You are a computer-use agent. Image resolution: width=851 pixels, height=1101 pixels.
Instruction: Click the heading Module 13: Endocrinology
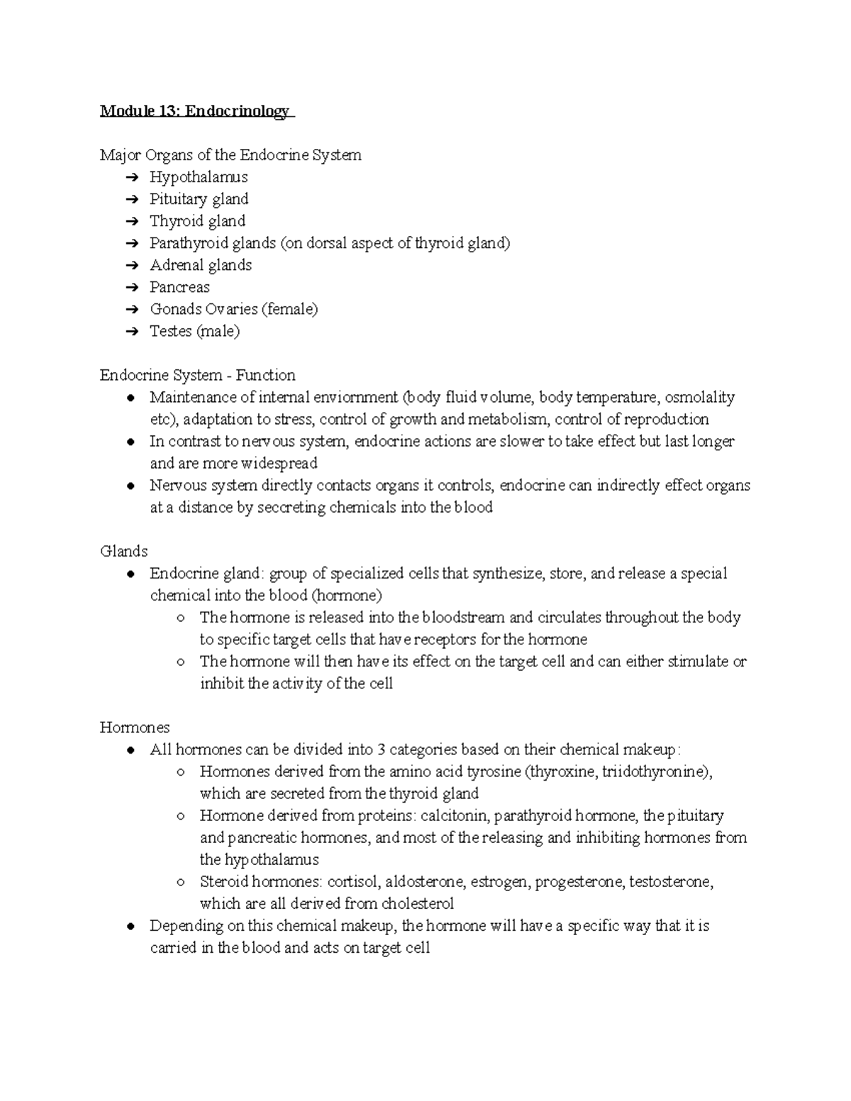pyautogui.click(x=195, y=111)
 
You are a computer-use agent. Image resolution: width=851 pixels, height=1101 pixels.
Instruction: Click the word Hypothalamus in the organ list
pyautogui.click(x=199, y=177)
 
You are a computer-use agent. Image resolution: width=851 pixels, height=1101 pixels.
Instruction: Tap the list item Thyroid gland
pyautogui.click(x=197, y=221)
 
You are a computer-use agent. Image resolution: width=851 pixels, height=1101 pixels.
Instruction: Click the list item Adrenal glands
pyautogui.click(x=201, y=265)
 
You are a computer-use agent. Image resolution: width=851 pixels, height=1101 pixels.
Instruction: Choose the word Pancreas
pyautogui.click(x=179, y=287)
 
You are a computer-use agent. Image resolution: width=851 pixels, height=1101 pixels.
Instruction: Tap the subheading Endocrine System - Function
pyautogui.click(x=197, y=375)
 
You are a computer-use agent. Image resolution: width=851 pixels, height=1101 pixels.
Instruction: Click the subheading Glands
pyautogui.click(x=124, y=551)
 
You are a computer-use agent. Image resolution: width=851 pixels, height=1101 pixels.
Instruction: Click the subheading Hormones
pyautogui.click(x=135, y=727)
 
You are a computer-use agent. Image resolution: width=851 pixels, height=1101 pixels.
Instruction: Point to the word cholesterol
pyautogui.click(x=418, y=904)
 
